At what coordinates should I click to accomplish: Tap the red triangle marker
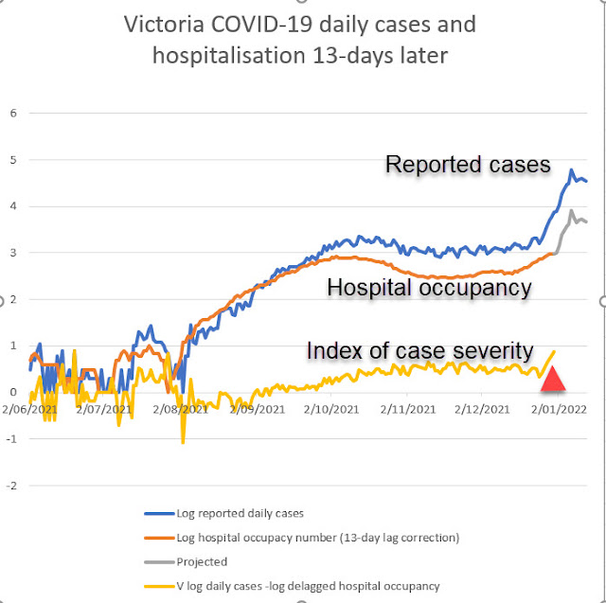553,380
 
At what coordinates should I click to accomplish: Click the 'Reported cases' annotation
468,165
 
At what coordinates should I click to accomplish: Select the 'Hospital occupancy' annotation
429,288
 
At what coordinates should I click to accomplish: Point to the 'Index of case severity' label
419,351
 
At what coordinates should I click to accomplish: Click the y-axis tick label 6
13,113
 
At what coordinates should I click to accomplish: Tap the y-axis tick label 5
13,159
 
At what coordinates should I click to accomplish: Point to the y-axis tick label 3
13,253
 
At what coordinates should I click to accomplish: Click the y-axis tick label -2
11,486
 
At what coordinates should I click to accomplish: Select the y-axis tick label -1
11,439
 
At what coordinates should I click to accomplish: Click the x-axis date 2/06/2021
29,410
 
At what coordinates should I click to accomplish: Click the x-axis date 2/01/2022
557,410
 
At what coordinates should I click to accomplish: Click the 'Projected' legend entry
202,561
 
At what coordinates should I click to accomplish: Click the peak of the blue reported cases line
572,170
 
